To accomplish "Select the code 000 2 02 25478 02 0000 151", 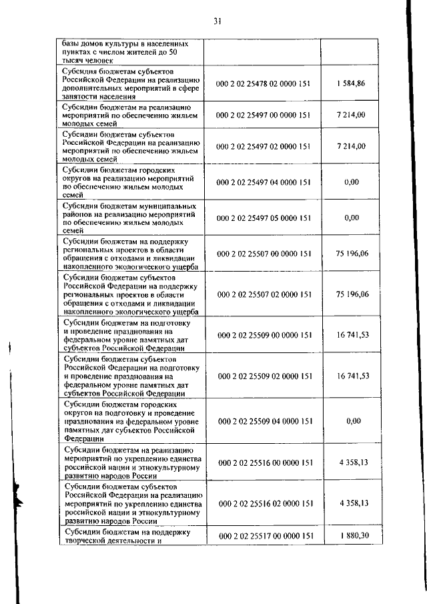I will (264, 83).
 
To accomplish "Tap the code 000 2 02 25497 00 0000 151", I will (264, 115).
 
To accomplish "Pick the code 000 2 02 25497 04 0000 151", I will (264, 182).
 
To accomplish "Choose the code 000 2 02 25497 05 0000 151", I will (264, 218).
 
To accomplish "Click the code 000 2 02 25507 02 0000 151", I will (264, 294).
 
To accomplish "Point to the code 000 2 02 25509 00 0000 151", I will (264, 334).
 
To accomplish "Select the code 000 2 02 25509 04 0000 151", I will (264, 421).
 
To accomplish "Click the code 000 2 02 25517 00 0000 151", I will (264, 536).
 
